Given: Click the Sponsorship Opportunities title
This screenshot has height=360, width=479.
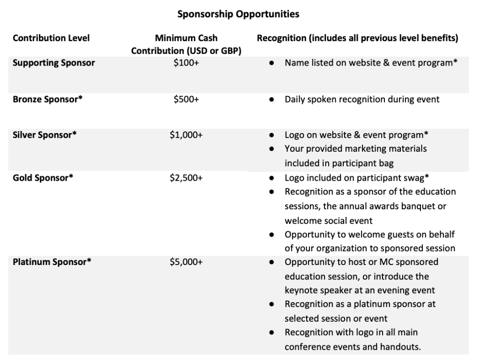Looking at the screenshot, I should click(x=238, y=15).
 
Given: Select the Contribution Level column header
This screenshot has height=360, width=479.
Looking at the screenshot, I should click(x=51, y=38).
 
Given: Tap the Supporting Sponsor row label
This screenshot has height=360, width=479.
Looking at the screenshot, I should click(x=54, y=63).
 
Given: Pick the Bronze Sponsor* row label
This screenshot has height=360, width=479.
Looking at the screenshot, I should click(x=47, y=99).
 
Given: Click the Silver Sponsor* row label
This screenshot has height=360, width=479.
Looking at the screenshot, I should click(x=45, y=135).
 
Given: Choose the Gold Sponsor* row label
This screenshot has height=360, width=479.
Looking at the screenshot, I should click(x=43, y=178).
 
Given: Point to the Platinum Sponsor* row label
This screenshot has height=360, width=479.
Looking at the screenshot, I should click(x=52, y=262).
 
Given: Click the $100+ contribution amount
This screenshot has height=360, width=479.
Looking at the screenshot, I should click(x=186, y=63).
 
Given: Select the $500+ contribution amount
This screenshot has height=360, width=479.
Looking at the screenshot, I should click(x=186, y=99).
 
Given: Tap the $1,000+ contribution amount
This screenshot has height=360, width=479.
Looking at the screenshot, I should click(x=186, y=135).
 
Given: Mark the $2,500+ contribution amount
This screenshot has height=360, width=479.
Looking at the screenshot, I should click(x=186, y=178).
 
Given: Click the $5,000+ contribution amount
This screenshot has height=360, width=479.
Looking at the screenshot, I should click(x=186, y=262).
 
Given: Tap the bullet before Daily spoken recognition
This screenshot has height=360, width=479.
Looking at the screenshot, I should click(x=272, y=100).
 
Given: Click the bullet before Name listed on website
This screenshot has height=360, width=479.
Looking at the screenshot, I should click(x=272, y=63).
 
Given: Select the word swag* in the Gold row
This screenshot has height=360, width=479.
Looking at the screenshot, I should click(x=416, y=178).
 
